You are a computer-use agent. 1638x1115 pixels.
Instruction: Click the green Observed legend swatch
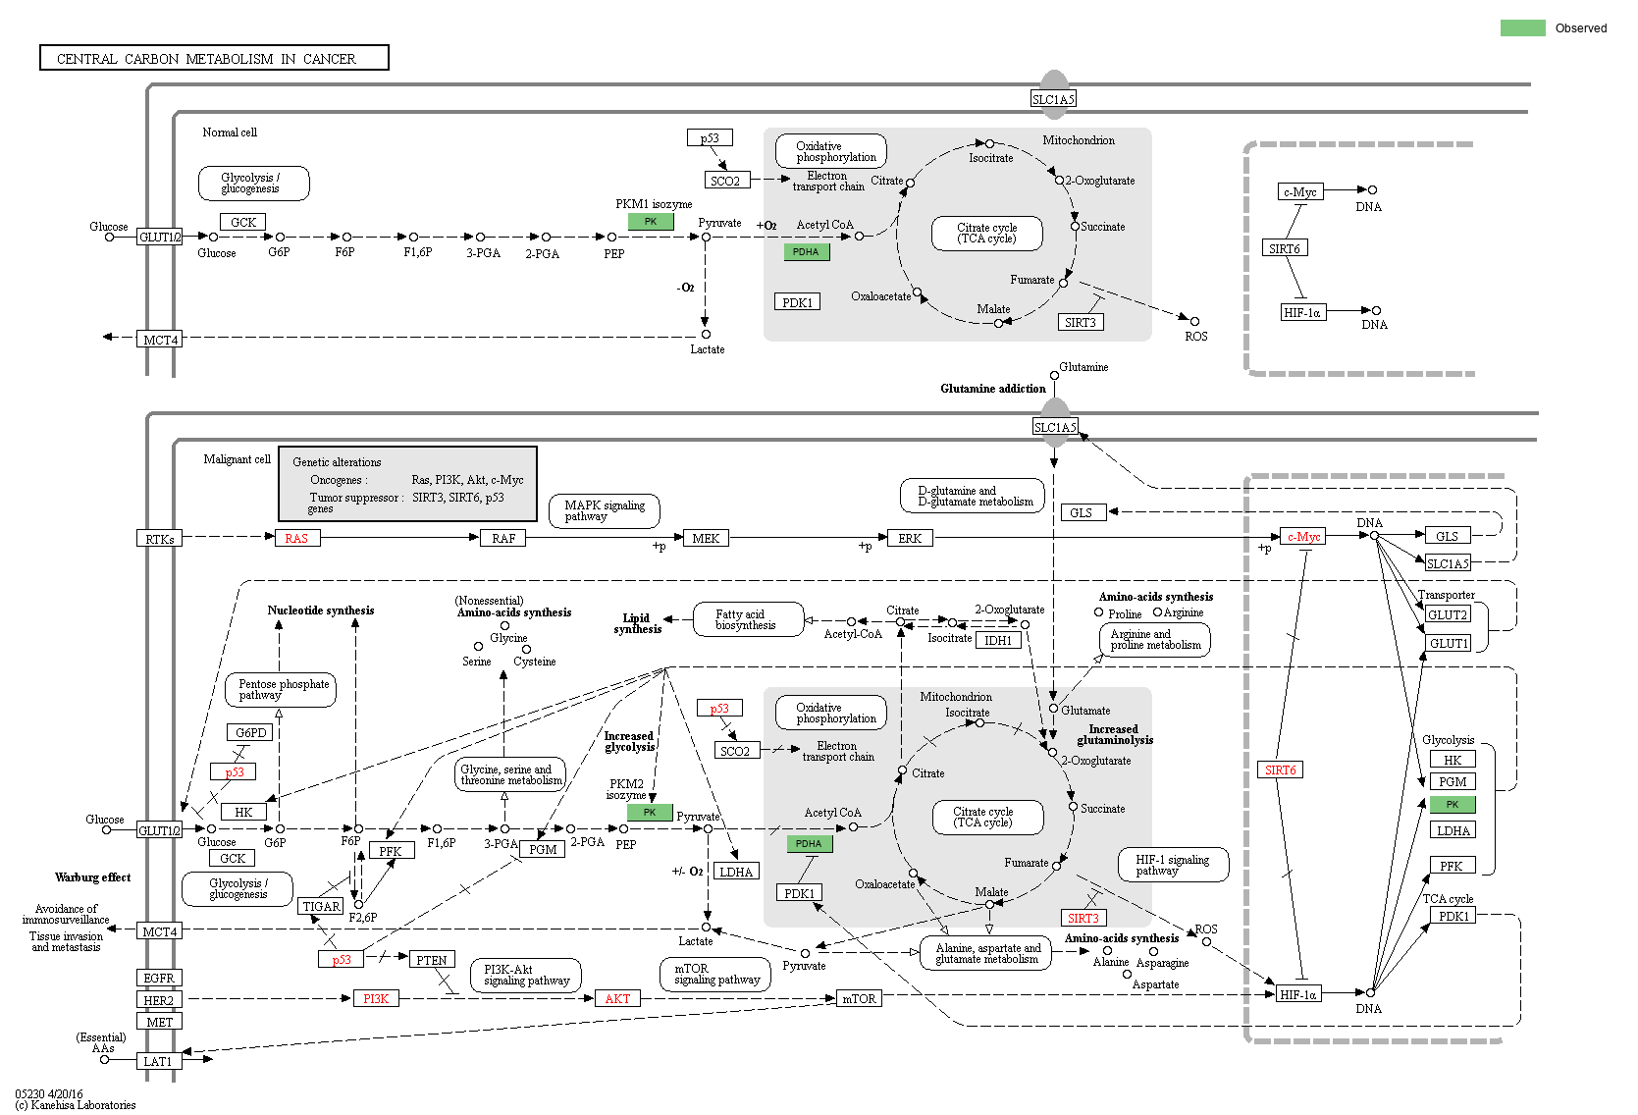(1522, 27)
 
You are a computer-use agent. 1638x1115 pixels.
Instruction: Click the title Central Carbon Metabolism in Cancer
(214, 58)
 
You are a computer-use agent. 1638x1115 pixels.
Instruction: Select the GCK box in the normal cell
(242, 222)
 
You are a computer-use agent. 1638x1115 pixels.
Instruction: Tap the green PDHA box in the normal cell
(806, 251)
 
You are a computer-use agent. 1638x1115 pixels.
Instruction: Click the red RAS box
(295, 538)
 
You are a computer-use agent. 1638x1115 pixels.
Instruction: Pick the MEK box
(705, 538)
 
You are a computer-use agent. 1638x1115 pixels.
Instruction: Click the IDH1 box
(997, 640)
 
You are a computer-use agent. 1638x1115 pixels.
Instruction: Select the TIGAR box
(321, 906)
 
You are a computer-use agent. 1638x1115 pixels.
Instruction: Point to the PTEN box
(431, 960)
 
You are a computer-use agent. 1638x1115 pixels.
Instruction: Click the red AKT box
(617, 998)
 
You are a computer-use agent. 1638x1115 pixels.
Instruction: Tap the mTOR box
(859, 998)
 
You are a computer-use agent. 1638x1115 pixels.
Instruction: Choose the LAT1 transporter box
(158, 1061)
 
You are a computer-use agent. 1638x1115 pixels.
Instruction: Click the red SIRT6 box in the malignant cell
(1280, 770)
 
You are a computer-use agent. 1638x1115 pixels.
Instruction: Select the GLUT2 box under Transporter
(1448, 614)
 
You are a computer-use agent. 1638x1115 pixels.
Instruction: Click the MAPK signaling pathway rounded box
(605, 510)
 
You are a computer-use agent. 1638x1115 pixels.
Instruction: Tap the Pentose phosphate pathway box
(282, 689)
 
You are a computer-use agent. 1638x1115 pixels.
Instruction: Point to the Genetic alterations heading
(337, 461)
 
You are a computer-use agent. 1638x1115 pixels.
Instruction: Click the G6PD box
(250, 732)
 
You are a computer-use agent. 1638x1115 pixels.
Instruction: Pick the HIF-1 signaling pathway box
(1173, 865)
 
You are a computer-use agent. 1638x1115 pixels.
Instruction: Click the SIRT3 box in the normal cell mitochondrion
(1080, 322)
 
